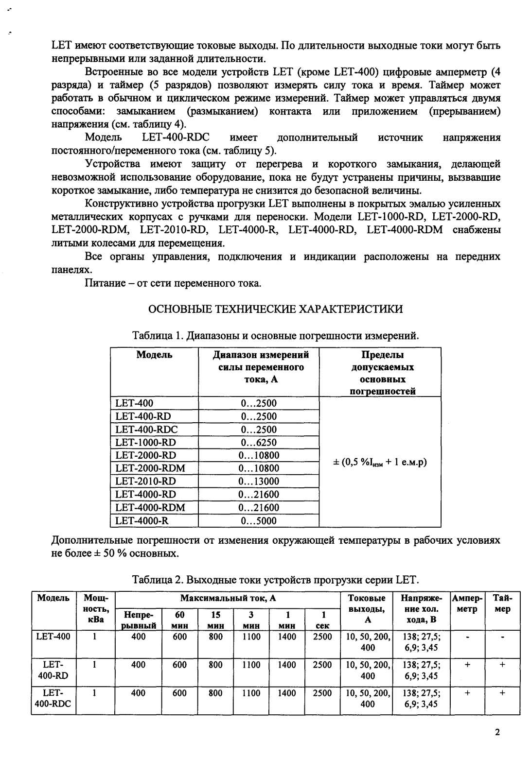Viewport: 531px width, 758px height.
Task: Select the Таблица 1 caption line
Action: coord(275,336)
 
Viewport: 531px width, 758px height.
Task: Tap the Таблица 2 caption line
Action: coord(275,580)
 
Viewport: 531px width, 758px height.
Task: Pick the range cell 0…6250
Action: coord(259,442)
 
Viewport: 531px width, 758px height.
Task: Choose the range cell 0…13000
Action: coord(259,481)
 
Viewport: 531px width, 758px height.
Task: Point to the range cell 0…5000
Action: coord(259,521)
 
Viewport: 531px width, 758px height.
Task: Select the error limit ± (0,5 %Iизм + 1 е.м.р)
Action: coord(379,462)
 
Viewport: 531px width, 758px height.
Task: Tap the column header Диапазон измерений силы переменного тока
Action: coord(261,367)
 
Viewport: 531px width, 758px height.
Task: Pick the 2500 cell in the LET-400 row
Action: coord(322,637)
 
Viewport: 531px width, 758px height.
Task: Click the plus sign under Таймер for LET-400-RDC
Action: coord(502,693)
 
